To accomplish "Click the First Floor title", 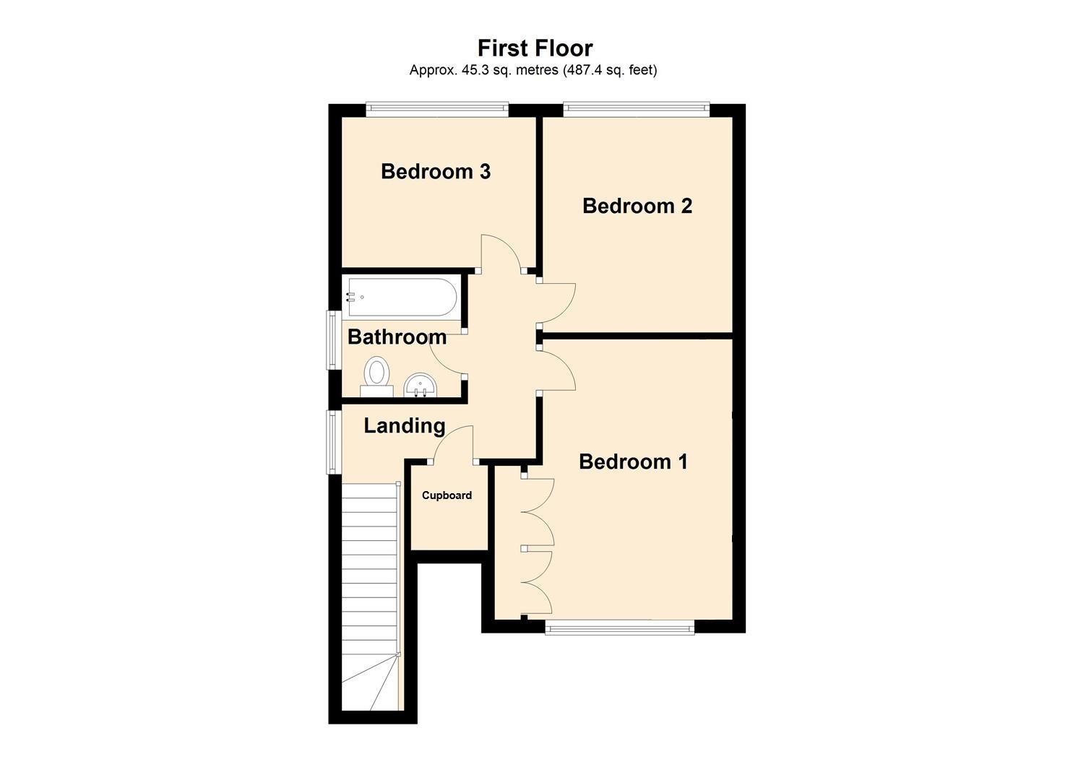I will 535,48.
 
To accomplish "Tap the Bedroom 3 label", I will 436,171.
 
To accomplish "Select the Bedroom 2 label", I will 637,206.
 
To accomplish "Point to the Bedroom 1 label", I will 633,461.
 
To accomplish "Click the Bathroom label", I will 397,337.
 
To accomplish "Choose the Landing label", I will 404,425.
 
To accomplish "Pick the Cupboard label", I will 447,495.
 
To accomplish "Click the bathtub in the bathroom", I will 402,297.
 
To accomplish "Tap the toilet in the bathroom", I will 376,376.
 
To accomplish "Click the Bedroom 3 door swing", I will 499,253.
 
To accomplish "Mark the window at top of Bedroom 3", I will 437,109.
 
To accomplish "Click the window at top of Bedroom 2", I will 636,109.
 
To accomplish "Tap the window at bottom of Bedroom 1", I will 619,628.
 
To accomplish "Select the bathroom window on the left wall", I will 333,339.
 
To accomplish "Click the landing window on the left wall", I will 333,442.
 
